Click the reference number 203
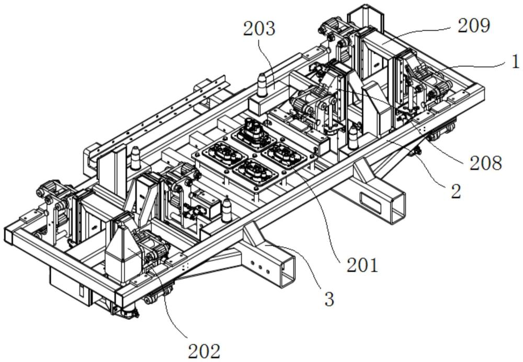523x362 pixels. coord(259,29)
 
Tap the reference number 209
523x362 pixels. coord(474,26)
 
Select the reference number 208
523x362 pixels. coord(486,163)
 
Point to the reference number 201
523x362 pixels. coord(362,265)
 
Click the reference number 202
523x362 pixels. coord(204,351)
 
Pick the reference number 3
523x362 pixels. coord(329,299)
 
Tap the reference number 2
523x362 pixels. coord(456,191)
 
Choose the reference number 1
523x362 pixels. coord(516,61)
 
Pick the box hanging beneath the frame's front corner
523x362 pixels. coord(71,283)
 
